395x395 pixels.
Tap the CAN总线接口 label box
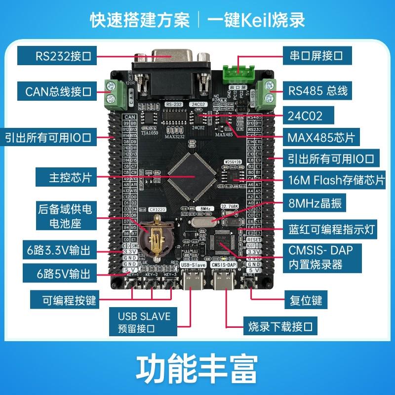click(x=58, y=91)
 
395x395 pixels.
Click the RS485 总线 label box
click(x=318, y=90)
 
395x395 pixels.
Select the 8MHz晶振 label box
click(x=315, y=203)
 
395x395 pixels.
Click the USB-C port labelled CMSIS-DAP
click(x=225, y=281)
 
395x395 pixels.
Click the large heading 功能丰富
click(x=197, y=366)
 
